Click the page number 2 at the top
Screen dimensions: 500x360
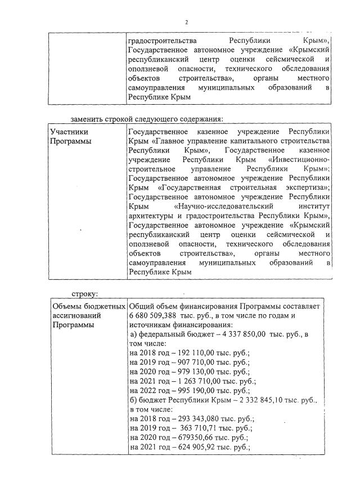coord(186,22)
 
